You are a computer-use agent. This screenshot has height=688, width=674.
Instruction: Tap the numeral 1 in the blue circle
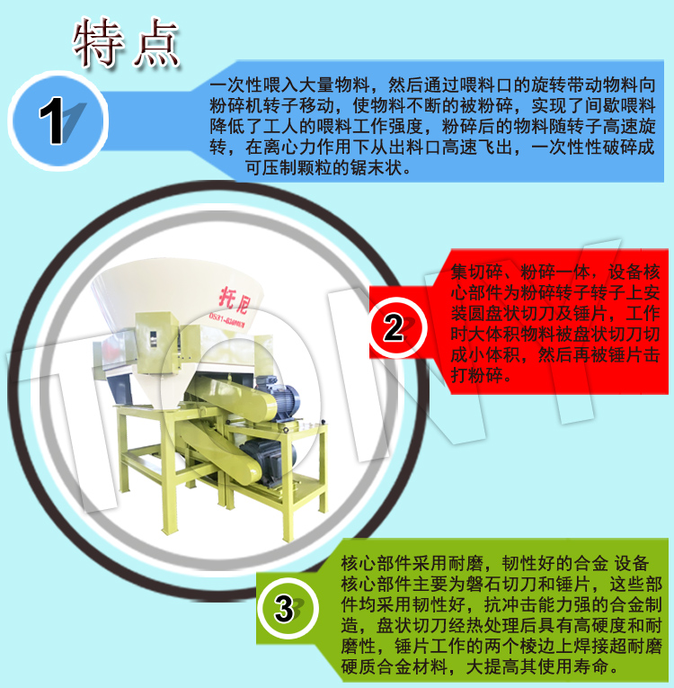53,121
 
